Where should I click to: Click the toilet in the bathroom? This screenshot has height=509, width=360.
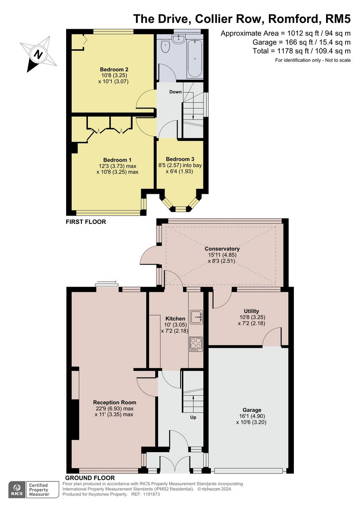click(165, 46)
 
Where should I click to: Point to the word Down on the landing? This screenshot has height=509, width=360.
click(176, 92)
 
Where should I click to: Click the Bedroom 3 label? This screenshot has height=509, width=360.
click(180, 159)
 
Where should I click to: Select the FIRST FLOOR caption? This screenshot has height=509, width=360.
click(86, 222)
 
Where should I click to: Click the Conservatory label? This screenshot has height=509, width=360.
click(222, 249)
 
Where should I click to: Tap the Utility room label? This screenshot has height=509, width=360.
click(251, 311)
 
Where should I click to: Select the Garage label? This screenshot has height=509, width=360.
click(251, 410)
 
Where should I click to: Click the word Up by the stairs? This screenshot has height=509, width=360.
click(193, 417)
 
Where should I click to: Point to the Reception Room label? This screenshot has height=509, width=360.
click(114, 403)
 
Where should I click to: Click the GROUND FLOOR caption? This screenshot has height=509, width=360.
click(90, 478)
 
